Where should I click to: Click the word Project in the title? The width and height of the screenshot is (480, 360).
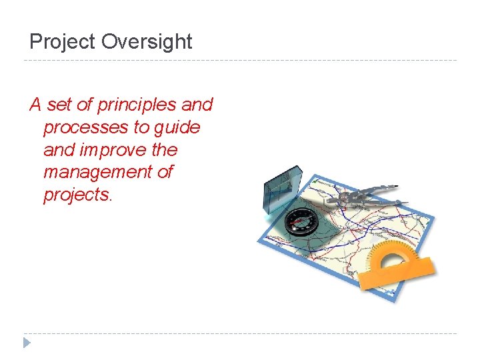pos(63,42)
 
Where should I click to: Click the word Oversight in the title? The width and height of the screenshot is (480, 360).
pos(147,42)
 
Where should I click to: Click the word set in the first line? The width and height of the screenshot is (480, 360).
pos(59,105)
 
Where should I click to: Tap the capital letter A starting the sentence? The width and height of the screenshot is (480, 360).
pos(35,105)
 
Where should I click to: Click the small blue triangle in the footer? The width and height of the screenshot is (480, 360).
pos(27,343)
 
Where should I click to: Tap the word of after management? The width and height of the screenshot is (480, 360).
pos(165,172)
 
